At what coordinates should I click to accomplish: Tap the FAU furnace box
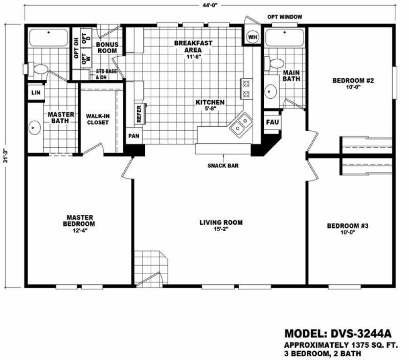pyautogui.click(x=271, y=123)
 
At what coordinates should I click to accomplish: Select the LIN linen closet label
pyautogui.click(x=35, y=93)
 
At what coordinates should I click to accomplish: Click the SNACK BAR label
pyautogui.click(x=222, y=166)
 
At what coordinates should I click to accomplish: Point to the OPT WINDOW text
pyautogui.click(x=284, y=17)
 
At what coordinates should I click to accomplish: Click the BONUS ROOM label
pyautogui.click(x=107, y=48)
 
